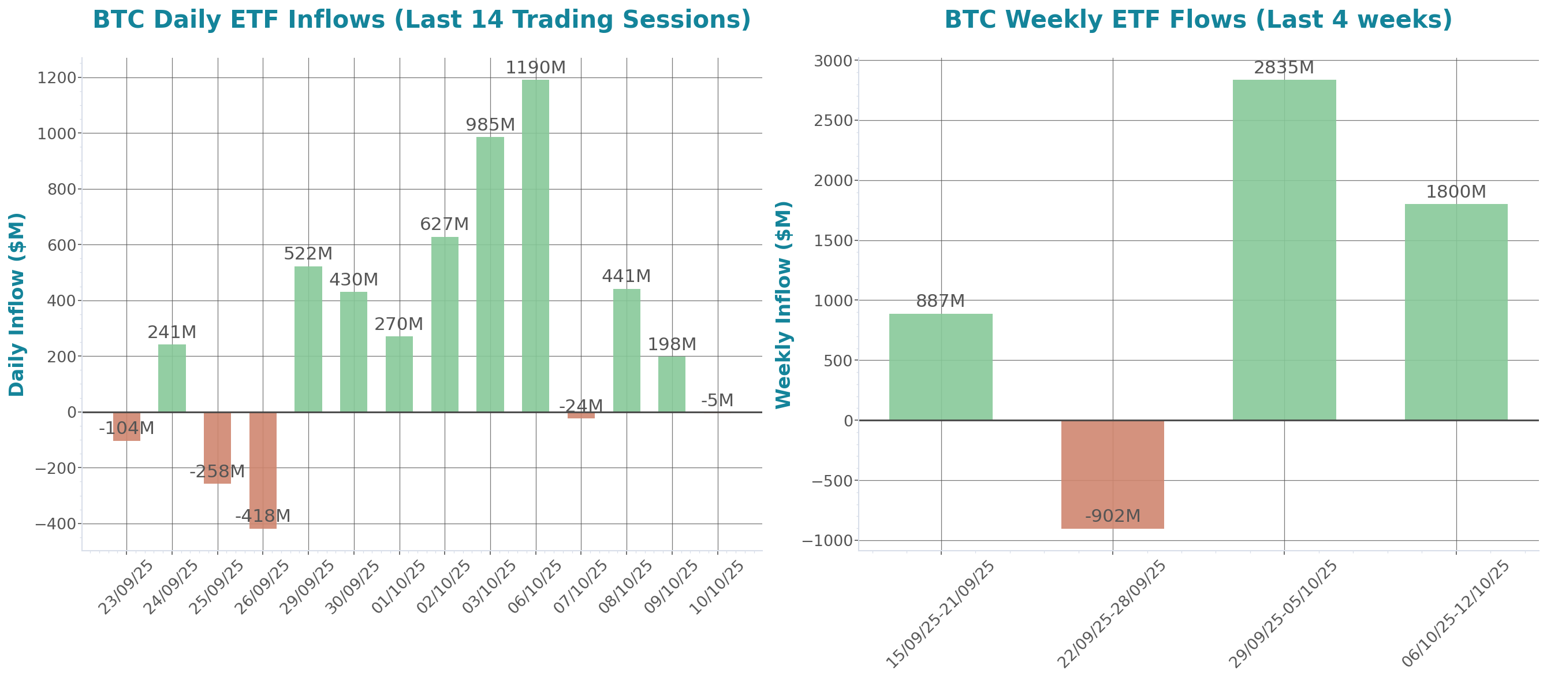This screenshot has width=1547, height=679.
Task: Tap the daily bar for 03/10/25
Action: (490, 274)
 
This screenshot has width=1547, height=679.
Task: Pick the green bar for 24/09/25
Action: (172, 378)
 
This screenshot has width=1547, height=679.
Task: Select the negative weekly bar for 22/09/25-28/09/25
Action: (1112, 474)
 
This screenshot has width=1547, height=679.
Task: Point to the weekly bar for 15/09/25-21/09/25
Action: (941, 366)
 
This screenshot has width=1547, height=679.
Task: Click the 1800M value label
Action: (1456, 192)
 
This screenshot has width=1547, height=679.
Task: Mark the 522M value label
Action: (308, 254)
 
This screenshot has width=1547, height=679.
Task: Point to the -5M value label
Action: (717, 401)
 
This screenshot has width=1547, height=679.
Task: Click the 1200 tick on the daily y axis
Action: (57, 78)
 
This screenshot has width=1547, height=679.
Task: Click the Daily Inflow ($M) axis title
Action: (17, 304)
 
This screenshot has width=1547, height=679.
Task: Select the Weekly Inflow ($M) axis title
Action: (784, 304)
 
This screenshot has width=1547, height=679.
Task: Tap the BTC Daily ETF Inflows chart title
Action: (422, 20)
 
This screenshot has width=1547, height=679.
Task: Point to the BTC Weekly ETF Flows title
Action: (1198, 20)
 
